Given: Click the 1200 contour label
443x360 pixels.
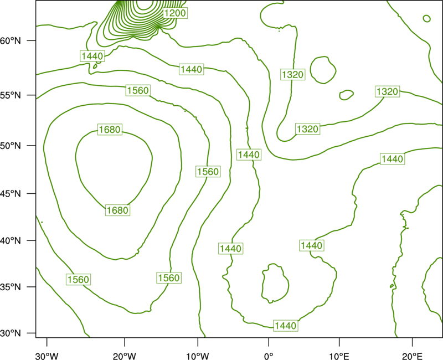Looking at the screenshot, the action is (x=175, y=13).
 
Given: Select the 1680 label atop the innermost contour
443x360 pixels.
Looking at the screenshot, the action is (x=110, y=130).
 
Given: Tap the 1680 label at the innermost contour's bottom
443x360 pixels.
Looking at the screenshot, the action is (x=118, y=210).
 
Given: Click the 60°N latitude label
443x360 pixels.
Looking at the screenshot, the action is (x=11, y=40).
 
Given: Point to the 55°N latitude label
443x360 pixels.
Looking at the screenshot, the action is (x=11, y=95).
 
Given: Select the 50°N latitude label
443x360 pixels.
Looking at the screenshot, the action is (x=11, y=146).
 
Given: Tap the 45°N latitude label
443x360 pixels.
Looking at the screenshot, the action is (x=11, y=193).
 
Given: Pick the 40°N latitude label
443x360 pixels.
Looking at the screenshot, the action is (x=11, y=241).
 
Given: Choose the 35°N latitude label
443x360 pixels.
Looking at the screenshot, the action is (x=11, y=287).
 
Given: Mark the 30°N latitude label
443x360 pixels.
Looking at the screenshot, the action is (x=11, y=333).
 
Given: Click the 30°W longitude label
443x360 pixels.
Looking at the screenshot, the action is (x=47, y=356).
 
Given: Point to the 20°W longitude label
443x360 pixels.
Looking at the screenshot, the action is (x=125, y=356).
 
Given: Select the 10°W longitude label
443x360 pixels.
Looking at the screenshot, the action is (x=198, y=356).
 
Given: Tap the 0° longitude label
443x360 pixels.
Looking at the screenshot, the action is (x=269, y=356).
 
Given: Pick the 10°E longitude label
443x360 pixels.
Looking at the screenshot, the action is (x=339, y=356).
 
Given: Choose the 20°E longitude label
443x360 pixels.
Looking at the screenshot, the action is (x=412, y=356).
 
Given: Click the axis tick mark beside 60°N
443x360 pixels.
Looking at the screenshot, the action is (x=32, y=40).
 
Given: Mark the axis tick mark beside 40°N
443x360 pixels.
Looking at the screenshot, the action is (x=32, y=241).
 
